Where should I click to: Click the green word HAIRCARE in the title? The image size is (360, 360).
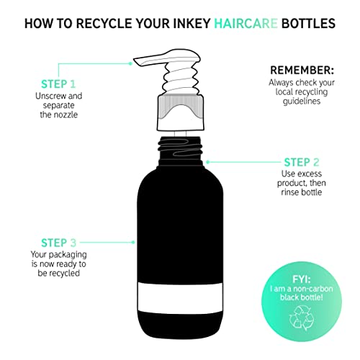[x=246, y=24]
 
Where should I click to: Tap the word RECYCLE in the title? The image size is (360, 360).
[x=104, y=24]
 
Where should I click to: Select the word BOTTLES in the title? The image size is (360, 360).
[x=308, y=24]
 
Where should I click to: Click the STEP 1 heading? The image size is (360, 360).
[x=58, y=84]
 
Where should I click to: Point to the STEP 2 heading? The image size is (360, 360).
[x=302, y=163]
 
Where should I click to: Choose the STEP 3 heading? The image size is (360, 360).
[x=58, y=243]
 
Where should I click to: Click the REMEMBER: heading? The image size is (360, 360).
[x=302, y=71]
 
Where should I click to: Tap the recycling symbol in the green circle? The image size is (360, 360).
[x=302, y=318]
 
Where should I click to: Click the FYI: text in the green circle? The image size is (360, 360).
[x=302, y=279]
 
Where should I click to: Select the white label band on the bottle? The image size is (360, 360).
[x=180, y=297]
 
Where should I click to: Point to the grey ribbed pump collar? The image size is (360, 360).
[x=181, y=107]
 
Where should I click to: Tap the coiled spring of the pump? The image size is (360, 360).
[x=181, y=79]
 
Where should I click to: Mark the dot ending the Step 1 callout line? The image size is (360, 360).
[x=130, y=63]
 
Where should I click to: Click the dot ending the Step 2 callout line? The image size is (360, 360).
[x=208, y=162]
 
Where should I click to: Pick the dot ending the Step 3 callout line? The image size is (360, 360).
[x=133, y=243]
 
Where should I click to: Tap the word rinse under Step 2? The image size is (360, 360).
[x=290, y=192]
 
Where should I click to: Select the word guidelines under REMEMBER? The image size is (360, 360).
[x=302, y=102]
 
